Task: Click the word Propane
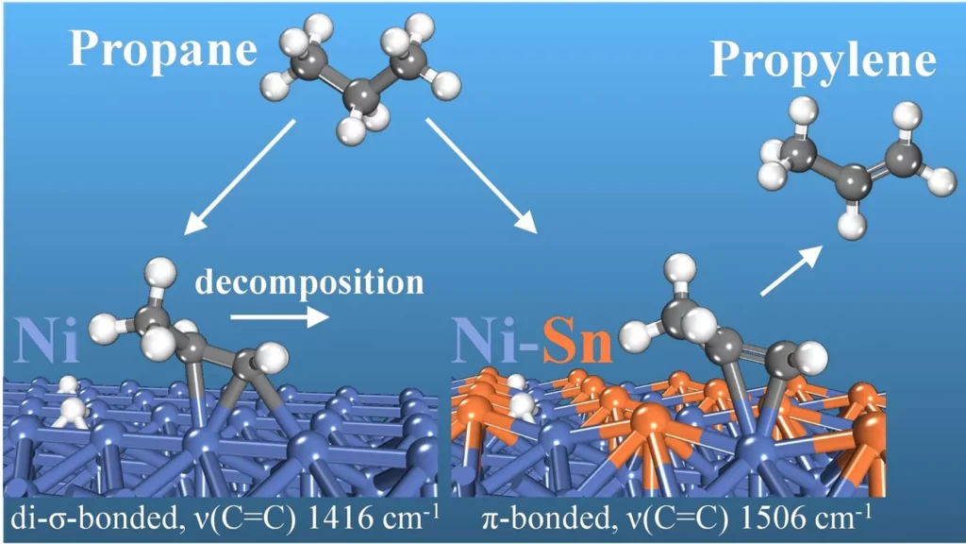coord(163,50)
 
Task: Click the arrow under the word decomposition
coord(279,316)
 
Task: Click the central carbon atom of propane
coord(359,94)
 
